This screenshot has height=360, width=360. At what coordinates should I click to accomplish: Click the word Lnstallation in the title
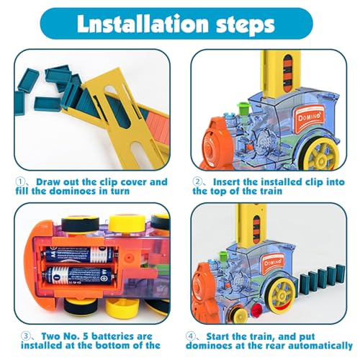143,24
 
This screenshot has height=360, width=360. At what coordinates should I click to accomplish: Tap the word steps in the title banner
246,26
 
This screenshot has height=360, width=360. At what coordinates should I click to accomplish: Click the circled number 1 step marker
20,181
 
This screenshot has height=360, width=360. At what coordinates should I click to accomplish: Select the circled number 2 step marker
197,181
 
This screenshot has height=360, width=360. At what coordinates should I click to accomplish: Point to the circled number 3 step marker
25,336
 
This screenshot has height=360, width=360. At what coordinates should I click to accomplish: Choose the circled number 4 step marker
191,336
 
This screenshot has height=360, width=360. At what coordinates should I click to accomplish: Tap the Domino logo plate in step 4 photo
274,264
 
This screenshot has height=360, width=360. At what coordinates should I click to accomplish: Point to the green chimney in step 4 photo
223,258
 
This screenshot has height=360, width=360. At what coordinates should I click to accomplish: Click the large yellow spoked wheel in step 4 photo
283,296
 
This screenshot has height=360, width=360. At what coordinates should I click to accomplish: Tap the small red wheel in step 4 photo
257,309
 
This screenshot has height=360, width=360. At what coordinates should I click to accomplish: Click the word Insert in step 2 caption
227,181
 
